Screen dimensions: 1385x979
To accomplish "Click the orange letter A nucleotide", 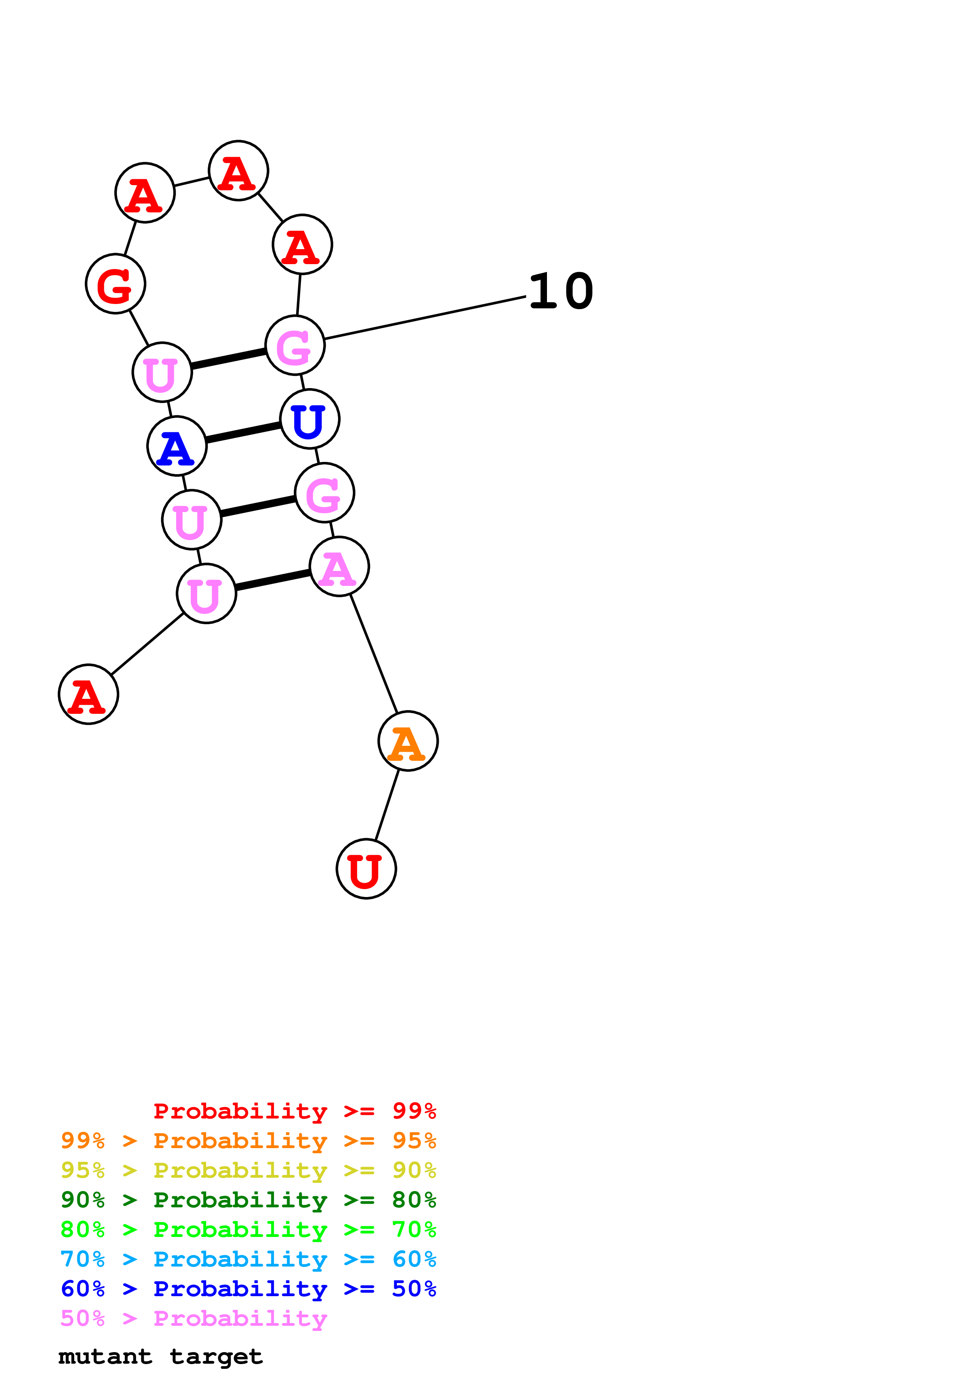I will pyautogui.click(x=408, y=741).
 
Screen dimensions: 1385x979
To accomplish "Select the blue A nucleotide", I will pyautogui.click(x=177, y=447).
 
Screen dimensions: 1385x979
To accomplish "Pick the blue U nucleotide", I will pyautogui.click(x=310, y=419).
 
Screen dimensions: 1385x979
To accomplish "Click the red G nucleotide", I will pyautogui.click(x=115, y=284).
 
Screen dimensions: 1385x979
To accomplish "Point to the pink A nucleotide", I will pyautogui.click(x=339, y=567).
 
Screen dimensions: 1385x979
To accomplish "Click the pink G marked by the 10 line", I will pyautogui.click(x=295, y=345).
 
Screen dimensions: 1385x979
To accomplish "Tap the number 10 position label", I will pyautogui.click(x=561, y=291).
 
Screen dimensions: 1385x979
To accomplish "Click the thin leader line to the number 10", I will pyautogui.click(x=425, y=318).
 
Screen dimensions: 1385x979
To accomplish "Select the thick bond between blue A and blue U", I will pyautogui.click(x=243, y=432).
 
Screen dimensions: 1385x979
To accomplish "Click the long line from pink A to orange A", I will pyautogui.click(x=374, y=654).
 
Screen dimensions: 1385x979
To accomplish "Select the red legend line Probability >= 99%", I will pyautogui.click(x=294, y=1111).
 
